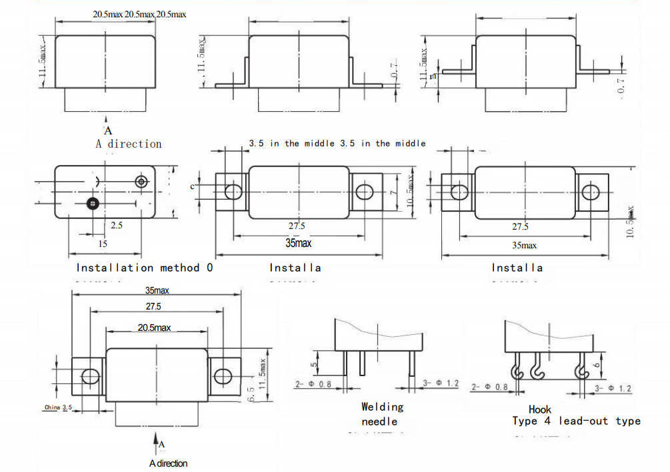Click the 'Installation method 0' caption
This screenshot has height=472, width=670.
145,268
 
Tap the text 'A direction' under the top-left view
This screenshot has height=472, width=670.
129,144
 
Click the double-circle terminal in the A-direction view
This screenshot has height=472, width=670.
141,181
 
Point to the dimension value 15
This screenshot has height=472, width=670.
103,244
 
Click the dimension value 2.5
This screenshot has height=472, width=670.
117,226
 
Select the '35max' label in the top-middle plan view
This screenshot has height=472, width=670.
299,243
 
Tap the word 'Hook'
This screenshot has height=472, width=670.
540,410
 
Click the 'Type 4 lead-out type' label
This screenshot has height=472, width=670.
576,421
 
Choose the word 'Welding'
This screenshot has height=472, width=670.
383,407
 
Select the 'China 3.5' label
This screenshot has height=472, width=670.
59,407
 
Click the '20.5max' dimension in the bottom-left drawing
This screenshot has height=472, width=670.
155,328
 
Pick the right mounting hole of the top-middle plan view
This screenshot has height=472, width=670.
364,192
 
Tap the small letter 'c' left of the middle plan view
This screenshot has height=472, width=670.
192,186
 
